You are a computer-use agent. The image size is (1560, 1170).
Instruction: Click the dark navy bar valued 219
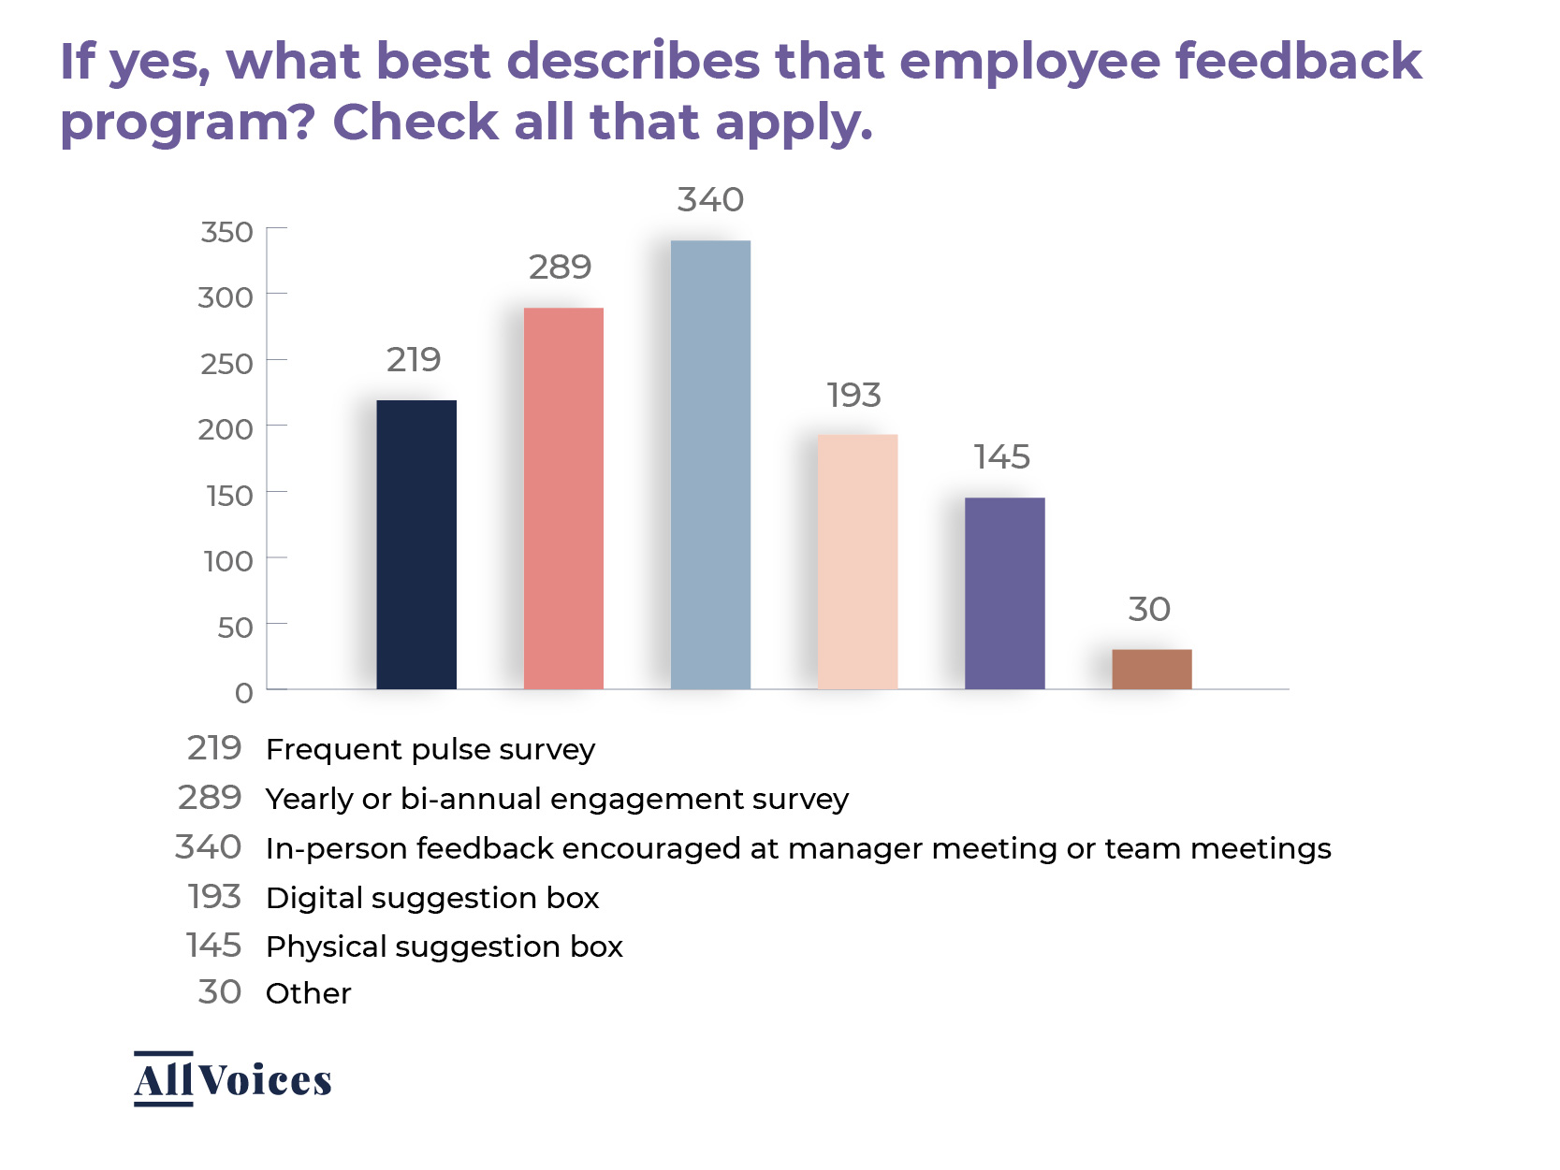pos(416,544)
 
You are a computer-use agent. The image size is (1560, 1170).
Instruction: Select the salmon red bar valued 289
pos(563,498)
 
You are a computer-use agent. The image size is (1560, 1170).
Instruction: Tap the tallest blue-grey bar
pos(710,465)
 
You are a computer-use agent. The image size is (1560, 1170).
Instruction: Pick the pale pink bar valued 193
pos(857,561)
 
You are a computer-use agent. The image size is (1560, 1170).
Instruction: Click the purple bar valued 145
pos(1004,593)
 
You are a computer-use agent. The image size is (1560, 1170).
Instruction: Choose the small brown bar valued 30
pos(1151,669)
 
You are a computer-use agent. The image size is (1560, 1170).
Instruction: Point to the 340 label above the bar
pos(710,199)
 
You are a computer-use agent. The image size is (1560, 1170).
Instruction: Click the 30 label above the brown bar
pos(1149,609)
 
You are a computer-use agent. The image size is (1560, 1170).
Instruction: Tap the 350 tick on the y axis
pos(226,232)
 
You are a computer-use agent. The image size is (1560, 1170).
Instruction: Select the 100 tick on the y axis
pos(228,561)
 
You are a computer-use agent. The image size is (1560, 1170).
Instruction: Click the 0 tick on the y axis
pos(243,693)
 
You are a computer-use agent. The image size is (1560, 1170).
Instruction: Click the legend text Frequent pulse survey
pos(430,749)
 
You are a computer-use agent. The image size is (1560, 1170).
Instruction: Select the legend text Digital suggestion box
pos(432,898)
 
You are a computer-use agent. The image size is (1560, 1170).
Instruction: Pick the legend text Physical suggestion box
pos(445,946)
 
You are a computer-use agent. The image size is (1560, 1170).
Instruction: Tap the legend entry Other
pos(308,993)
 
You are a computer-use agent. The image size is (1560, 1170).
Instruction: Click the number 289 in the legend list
pos(210,798)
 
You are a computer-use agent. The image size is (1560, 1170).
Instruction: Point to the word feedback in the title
pos(1298,61)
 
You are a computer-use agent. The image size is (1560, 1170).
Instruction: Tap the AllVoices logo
pos(232,1079)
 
